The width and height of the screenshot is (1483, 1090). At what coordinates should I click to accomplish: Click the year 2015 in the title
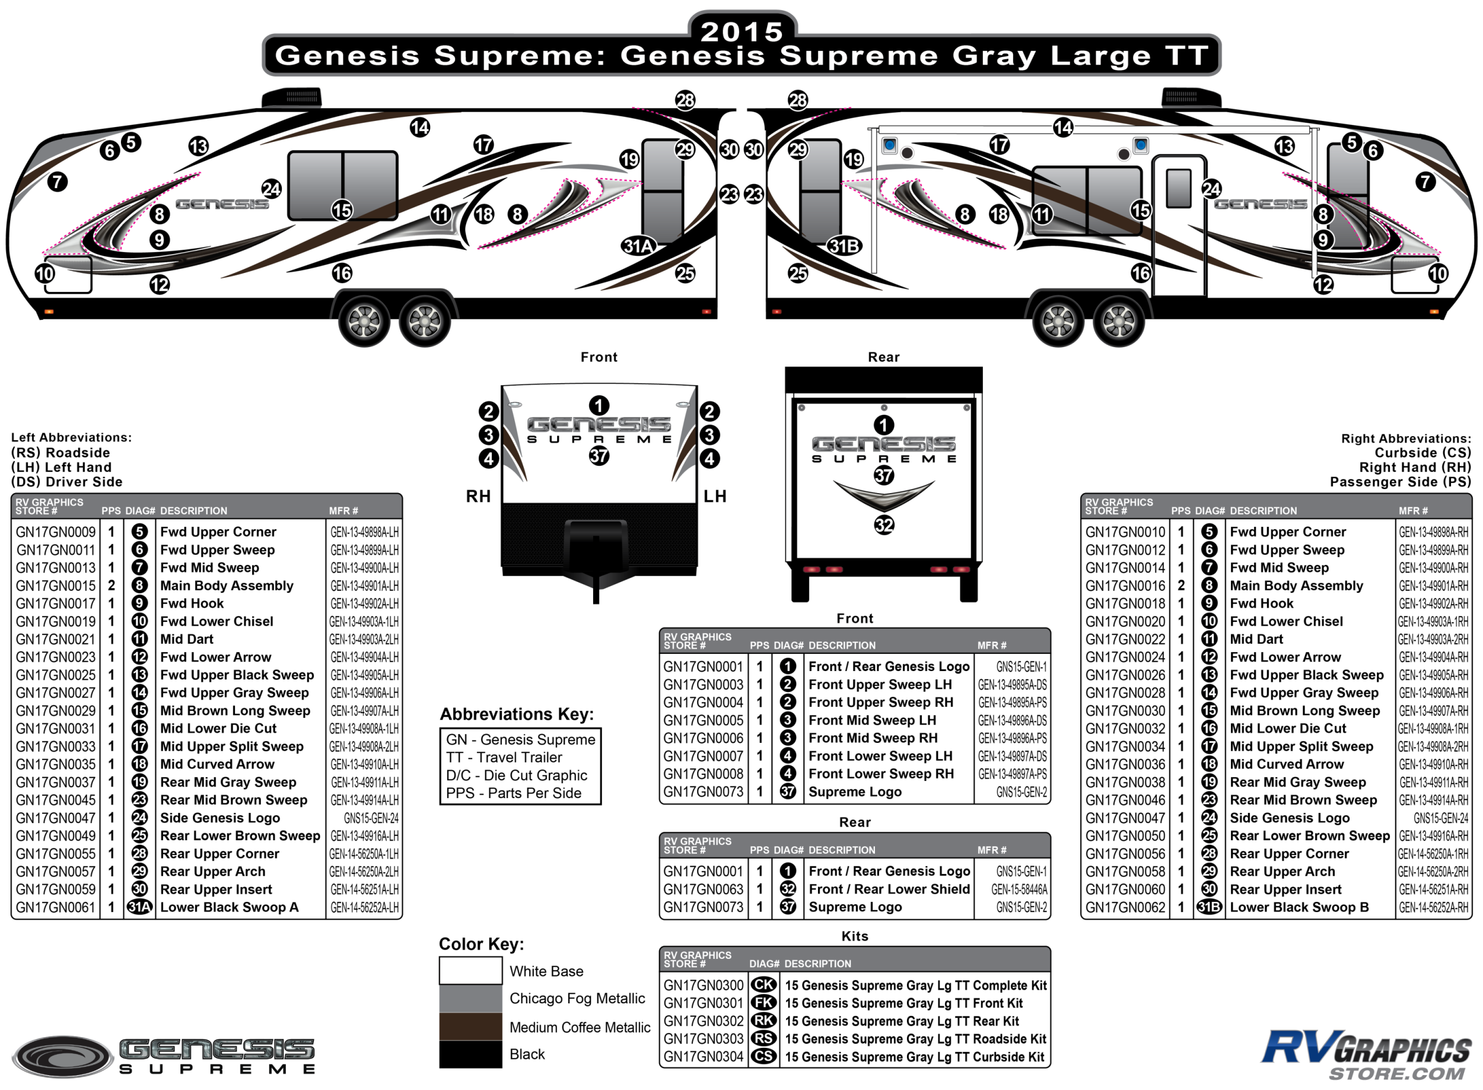[x=741, y=31]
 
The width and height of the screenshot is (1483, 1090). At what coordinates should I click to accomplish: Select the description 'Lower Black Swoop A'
[x=229, y=907]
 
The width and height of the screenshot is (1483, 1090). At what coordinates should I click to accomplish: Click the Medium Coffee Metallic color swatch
[x=470, y=1026]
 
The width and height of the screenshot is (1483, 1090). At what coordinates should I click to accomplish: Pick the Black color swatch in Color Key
[x=470, y=1054]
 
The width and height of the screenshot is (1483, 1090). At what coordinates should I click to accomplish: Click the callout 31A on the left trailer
[x=638, y=246]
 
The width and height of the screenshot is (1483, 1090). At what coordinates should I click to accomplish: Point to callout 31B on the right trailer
[x=844, y=246]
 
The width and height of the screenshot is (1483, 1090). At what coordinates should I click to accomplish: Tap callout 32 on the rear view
[x=884, y=525]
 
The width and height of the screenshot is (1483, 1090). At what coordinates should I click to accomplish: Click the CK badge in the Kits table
[x=763, y=985]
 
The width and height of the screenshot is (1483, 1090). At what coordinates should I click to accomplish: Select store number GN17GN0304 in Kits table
[x=703, y=1056]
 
